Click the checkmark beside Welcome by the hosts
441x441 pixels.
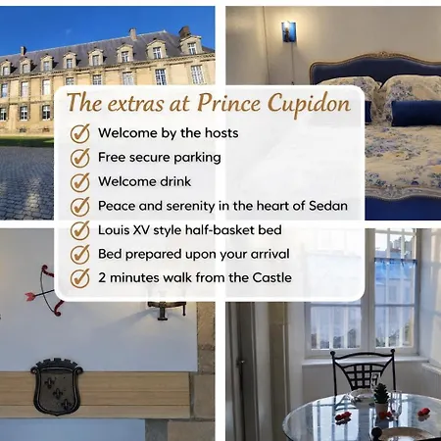point(80,133)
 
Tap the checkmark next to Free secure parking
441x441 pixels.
point(80,157)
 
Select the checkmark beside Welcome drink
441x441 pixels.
point(80,181)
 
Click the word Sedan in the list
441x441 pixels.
point(327,206)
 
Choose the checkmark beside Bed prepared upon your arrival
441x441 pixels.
point(80,254)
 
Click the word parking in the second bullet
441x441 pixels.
point(196,157)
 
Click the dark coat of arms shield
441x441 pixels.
point(56,384)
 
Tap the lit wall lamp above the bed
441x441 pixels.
point(288,32)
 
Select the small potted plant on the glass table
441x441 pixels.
point(381,394)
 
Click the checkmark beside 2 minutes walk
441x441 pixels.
point(80,277)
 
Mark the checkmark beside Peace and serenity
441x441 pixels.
point(80,206)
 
